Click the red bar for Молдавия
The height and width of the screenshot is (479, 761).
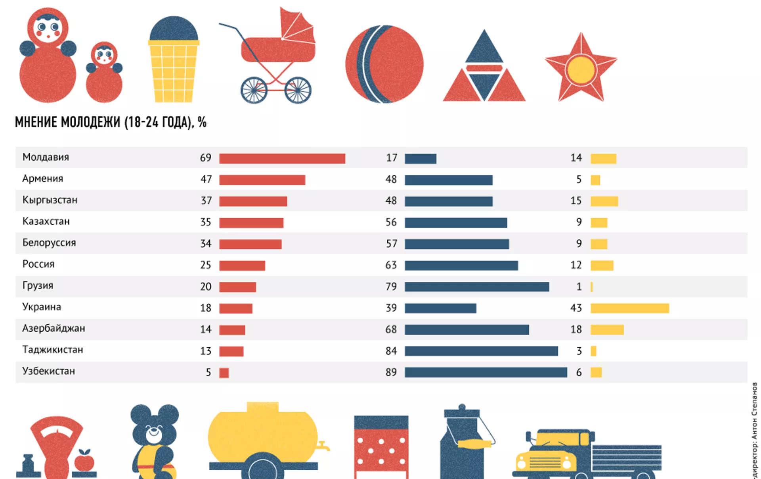[x=282, y=159]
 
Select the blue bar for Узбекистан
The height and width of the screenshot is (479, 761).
[x=486, y=372]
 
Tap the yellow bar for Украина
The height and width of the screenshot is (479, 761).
[x=629, y=308]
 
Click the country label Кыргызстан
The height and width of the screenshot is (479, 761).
[x=50, y=200]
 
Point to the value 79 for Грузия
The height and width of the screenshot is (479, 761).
[x=391, y=287]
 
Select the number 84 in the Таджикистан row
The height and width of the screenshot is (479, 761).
[x=391, y=351]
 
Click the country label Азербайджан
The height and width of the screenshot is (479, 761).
[x=54, y=329]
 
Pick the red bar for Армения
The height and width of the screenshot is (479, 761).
[x=262, y=180]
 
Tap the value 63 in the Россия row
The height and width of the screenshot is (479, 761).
[x=391, y=265]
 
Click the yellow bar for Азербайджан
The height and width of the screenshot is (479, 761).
[x=607, y=330]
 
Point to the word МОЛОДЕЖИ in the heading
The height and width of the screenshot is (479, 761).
[x=90, y=122]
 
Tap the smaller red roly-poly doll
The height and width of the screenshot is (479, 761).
[x=104, y=73]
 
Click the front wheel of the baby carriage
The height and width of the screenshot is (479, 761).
[x=298, y=90]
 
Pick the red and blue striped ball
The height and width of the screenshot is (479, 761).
[x=384, y=64]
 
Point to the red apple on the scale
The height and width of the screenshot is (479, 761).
[x=84, y=461]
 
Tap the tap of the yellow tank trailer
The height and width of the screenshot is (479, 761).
[x=324, y=446]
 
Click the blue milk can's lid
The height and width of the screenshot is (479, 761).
[x=462, y=412]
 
